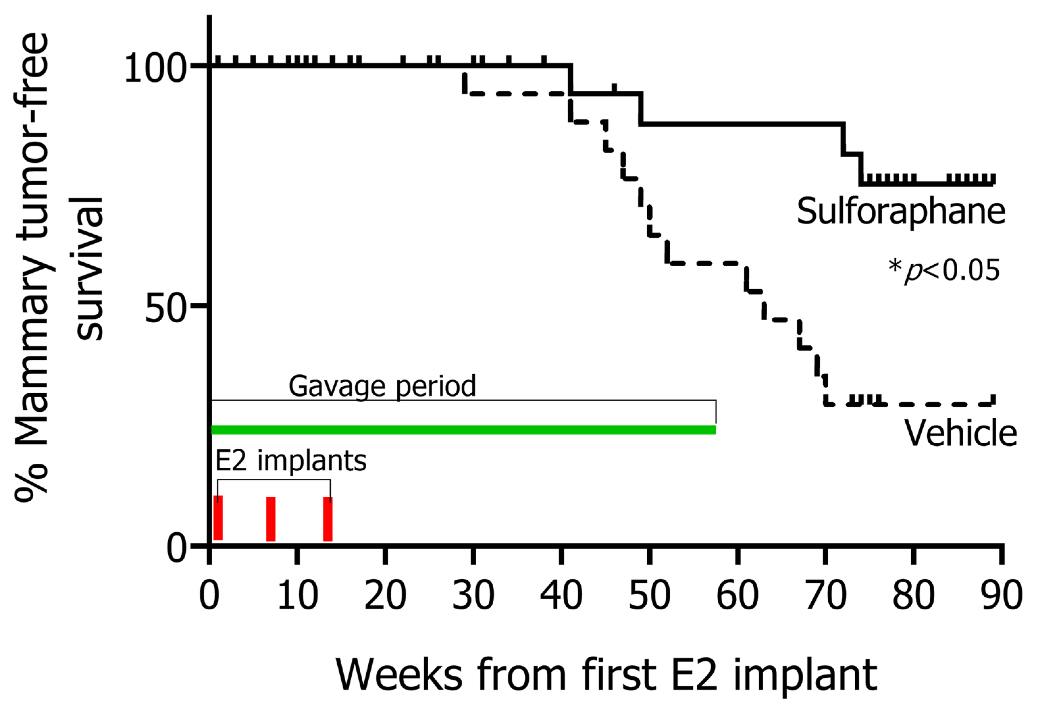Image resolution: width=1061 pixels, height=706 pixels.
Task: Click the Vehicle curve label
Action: (961, 433)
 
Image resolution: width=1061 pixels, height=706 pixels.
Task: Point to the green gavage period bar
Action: (463, 430)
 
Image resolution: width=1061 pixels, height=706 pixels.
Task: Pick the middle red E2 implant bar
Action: (271, 519)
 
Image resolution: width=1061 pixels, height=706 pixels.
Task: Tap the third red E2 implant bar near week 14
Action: (328, 519)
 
